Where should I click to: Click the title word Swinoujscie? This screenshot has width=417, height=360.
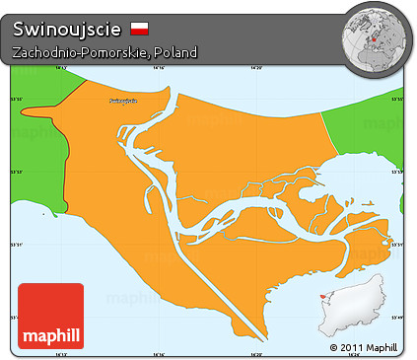tap(66, 28)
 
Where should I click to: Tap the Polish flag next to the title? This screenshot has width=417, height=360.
tap(139, 28)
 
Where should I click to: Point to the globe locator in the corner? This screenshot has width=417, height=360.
tap(374, 36)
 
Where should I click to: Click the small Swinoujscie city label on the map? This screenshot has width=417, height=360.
tap(119, 102)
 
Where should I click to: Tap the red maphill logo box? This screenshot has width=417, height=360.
tap(50, 316)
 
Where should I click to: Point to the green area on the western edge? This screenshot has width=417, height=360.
tap(35, 108)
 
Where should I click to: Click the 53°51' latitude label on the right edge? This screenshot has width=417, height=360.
tap(398, 245)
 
